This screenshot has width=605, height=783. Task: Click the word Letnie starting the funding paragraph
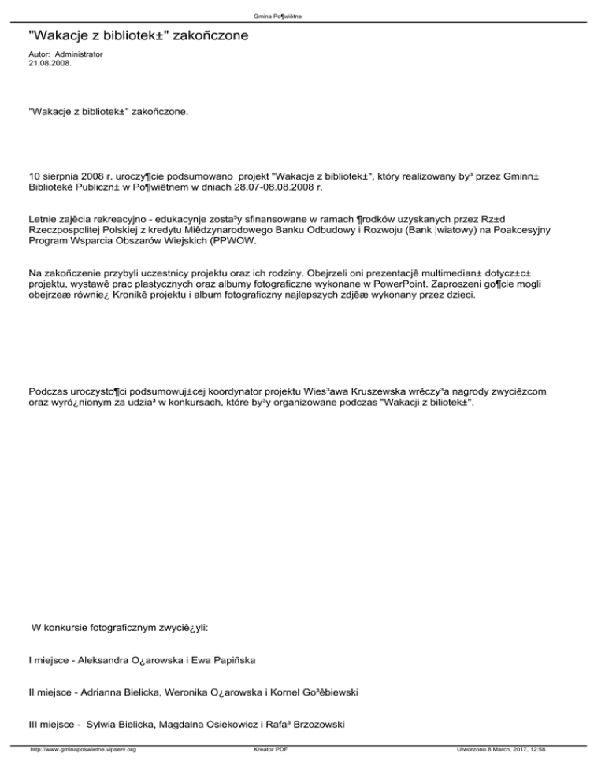coord(44,215)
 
